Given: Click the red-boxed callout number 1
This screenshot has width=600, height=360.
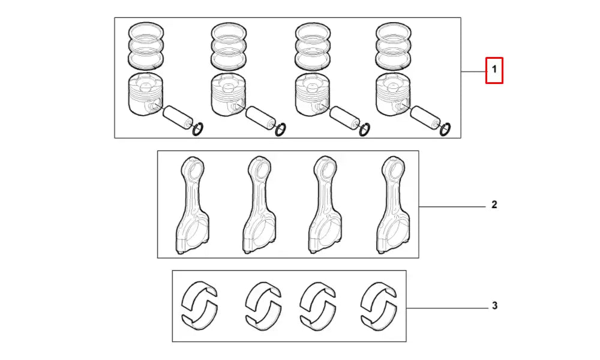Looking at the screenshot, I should tap(494, 70).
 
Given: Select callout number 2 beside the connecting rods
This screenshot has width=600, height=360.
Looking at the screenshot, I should tap(494, 205).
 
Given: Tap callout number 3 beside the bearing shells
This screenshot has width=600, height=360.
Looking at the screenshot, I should tap(494, 306).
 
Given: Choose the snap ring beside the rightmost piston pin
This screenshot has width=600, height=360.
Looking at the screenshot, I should tap(446, 129).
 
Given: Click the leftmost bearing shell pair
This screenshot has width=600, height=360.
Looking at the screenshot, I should tap(200, 306).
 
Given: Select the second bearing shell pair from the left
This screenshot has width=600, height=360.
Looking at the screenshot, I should tap(262, 306).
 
